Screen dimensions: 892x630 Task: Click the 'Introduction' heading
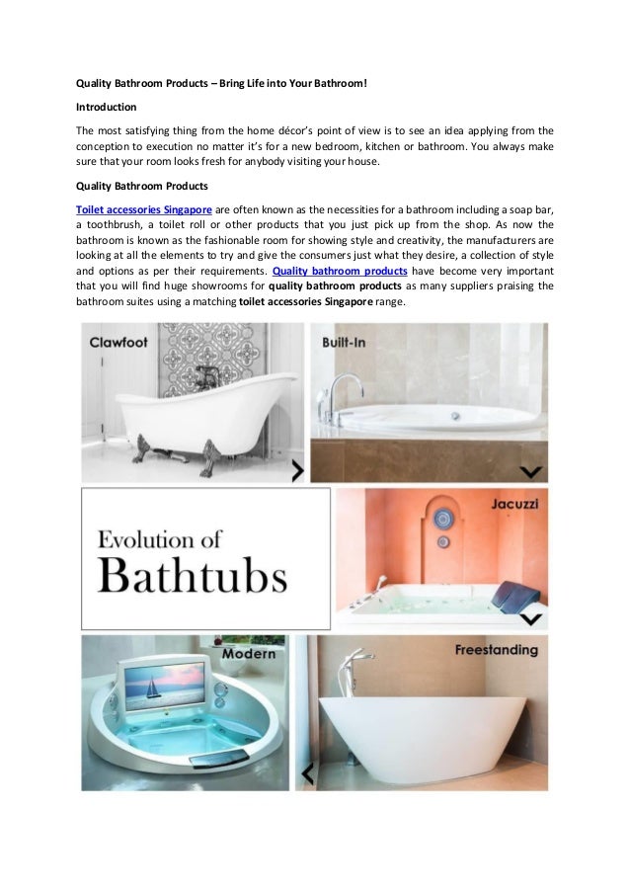[x=107, y=106]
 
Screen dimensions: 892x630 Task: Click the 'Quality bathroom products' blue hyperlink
[x=340, y=271]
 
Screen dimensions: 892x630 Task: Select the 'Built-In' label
[x=347, y=342]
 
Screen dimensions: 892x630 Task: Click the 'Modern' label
[x=249, y=654]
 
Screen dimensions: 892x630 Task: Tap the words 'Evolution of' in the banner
[x=161, y=539]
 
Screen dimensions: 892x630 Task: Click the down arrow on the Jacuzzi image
[x=530, y=619]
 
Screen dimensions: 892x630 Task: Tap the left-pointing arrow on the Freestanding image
[x=307, y=771]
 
